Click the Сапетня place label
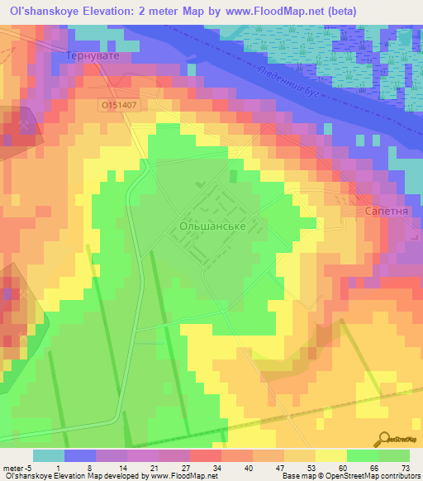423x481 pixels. point(385,212)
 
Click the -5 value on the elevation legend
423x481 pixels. point(29,467)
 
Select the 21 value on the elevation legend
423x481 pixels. point(154,467)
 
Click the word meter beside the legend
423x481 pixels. point(12,467)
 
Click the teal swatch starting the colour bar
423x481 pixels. point(49,455)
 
